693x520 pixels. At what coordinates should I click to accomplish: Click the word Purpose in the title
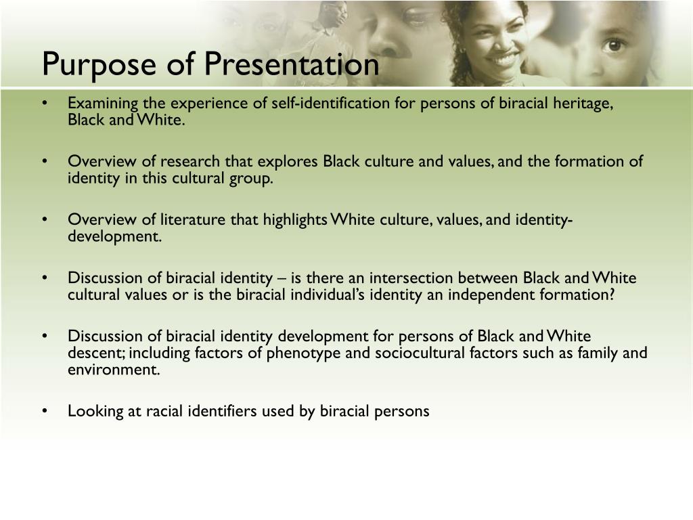[x=99, y=64]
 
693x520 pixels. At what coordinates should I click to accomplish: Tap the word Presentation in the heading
[x=291, y=64]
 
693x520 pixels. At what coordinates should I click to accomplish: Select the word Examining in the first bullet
[x=103, y=104]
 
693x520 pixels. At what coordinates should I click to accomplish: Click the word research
[x=189, y=161]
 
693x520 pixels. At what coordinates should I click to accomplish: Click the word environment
[x=114, y=370]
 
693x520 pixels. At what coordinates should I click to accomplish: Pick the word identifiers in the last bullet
[x=222, y=411]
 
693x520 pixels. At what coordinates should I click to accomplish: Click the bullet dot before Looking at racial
[x=44, y=411]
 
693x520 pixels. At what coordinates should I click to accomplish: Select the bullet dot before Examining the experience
[x=44, y=104]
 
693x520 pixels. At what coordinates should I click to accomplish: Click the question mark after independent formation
[x=611, y=295]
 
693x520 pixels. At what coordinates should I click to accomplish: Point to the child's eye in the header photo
[x=614, y=45]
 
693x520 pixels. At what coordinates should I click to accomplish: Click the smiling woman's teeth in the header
[x=505, y=58]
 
